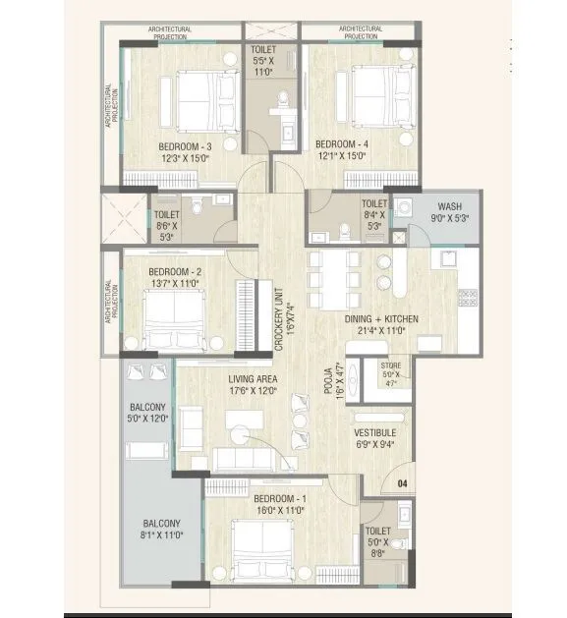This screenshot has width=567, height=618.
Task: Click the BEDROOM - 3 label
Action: click(x=185, y=146)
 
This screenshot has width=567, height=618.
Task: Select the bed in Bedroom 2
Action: click(x=173, y=320)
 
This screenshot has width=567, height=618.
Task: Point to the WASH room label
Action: click(x=449, y=206)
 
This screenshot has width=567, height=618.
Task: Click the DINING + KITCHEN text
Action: click(x=381, y=318)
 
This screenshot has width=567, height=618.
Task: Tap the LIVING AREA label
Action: click(x=253, y=378)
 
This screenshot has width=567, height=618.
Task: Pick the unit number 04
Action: click(x=401, y=483)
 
